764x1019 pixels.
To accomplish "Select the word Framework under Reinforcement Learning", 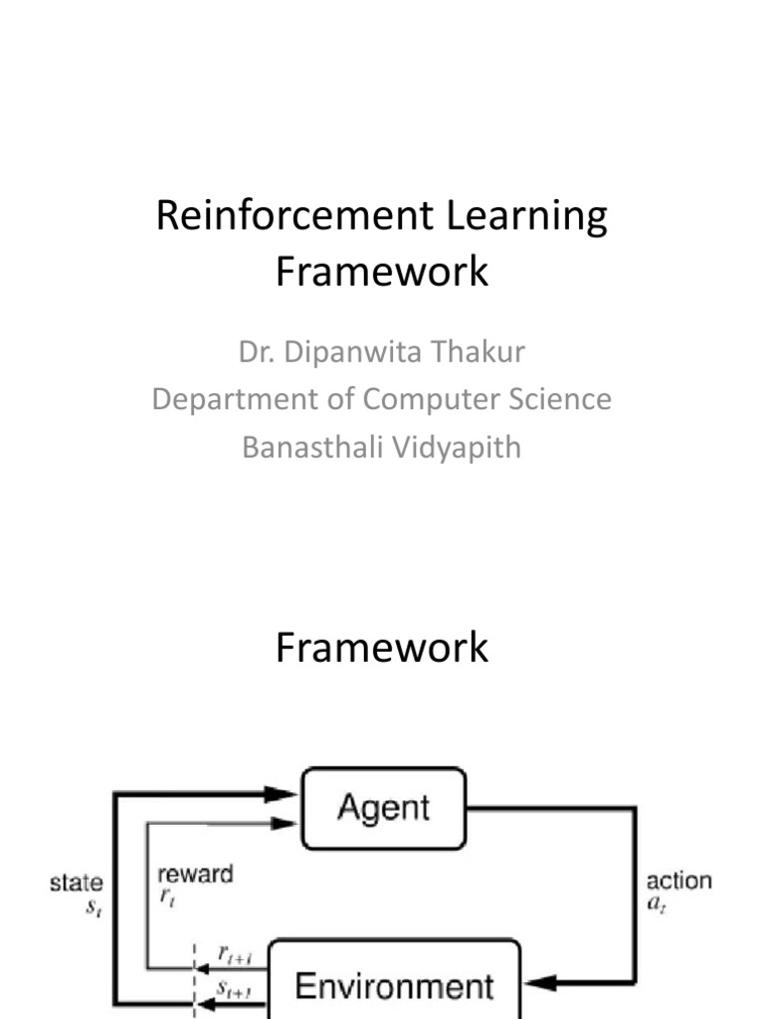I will point(382,270).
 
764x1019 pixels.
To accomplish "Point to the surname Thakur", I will point(483,352).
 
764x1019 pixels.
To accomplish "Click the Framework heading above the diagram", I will point(382,648).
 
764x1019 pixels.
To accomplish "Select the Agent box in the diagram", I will point(383,807).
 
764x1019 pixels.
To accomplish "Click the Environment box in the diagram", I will point(394,985).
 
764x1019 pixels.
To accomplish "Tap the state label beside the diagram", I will point(76,882).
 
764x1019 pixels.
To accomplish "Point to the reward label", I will point(195,875).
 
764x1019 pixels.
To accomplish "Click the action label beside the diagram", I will point(679,881).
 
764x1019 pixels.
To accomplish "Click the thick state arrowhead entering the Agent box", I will point(284,793).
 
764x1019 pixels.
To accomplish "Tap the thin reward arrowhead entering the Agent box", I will point(286,822).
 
